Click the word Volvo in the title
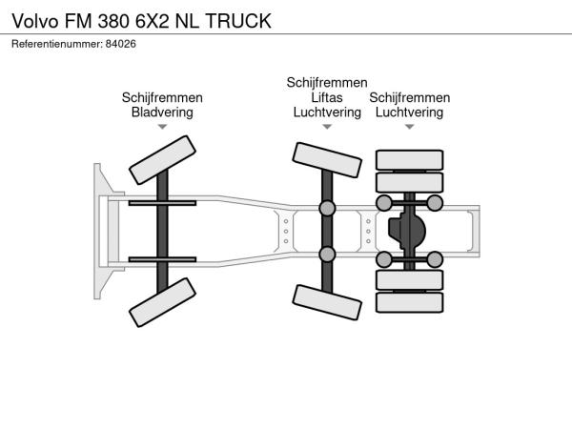pyautogui.click(x=35, y=21)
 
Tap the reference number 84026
pyautogui.click(x=121, y=44)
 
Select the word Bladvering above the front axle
pyautogui.click(x=162, y=112)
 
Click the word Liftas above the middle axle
pyautogui.click(x=327, y=97)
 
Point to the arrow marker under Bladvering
pyautogui.click(x=162, y=127)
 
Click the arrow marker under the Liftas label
pyautogui.click(x=327, y=127)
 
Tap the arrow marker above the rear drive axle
pyautogui.click(x=409, y=127)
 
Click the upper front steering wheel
pyautogui.click(x=162, y=160)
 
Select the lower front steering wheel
pyautogui.click(x=162, y=302)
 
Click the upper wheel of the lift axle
pyautogui.click(x=327, y=160)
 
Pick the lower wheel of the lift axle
pyautogui.click(x=327, y=302)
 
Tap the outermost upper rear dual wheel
pyautogui.click(x=409, y=160)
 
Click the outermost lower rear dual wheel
pyautogui.click(x=409, y=302)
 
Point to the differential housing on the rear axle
pyautogui.click(x=406, y=231)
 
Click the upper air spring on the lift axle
pyautogui.click(x=327, y=208)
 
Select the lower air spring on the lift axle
pyautogui.click(x=327, y=255)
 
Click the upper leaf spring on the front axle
pyautogui.click(x=162, y=203)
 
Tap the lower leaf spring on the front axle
pyautogui.click(x=162, y=259)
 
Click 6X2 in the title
pyautogui.click(x=153, y=21)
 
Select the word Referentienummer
pyautogui.click(x=57, y=44)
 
